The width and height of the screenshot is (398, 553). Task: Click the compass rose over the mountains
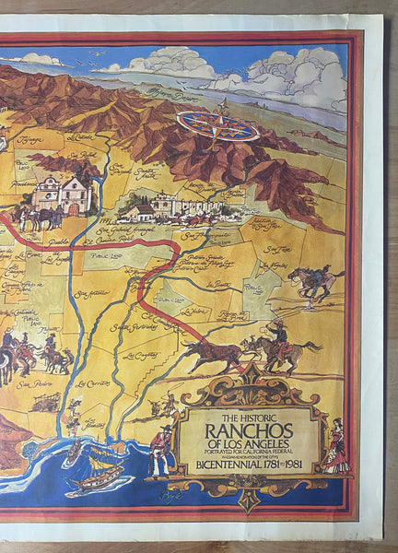(x=217, y=125)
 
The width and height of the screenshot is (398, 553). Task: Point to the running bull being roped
(x=210, y=352)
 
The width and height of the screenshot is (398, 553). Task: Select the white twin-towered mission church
(x=63, y=192)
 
